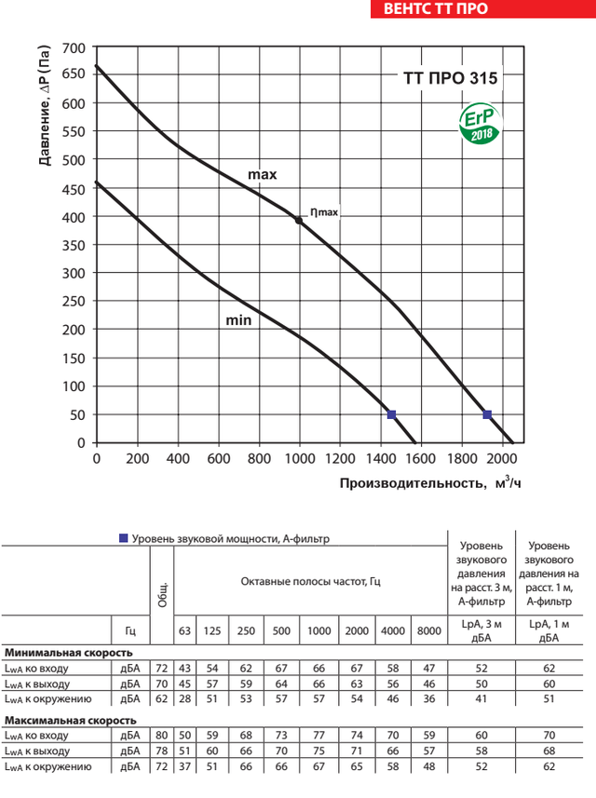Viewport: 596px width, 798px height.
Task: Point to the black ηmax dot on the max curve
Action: (298, 221)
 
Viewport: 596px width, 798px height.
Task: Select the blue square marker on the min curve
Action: (392, 414)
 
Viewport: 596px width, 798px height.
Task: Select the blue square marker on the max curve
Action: (487, 414)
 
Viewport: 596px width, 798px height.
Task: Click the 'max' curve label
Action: (263, 174)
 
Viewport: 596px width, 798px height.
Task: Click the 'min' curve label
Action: (238, 320)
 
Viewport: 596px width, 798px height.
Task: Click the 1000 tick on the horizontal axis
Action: (299, 459)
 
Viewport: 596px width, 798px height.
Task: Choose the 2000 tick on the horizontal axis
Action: (502, 459)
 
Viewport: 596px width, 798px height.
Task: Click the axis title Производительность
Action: (412, 483)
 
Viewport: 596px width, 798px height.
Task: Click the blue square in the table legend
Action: (123, 538)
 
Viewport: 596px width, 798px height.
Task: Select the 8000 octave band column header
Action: (429, 630)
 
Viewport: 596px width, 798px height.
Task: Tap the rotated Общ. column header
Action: (161, 595)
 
